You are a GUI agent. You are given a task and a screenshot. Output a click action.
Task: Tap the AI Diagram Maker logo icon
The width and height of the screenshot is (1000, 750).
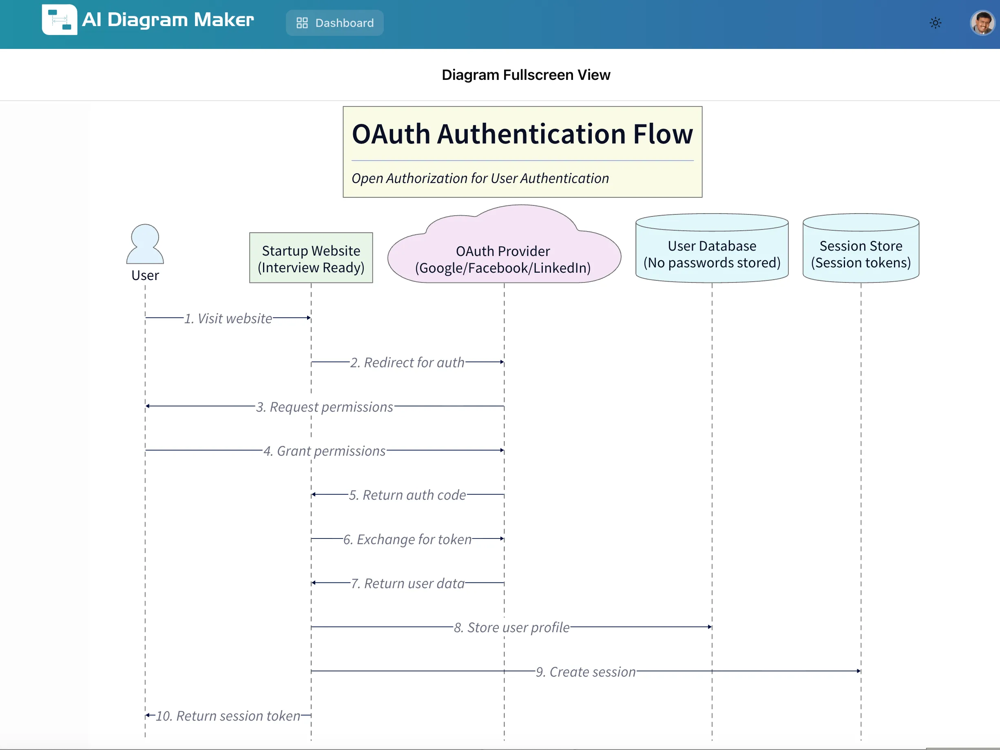pos(59,20)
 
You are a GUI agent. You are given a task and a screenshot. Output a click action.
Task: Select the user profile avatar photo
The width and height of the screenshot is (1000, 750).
pos(982,22)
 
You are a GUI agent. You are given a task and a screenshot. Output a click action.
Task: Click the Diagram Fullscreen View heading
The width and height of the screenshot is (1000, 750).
pos(525,75)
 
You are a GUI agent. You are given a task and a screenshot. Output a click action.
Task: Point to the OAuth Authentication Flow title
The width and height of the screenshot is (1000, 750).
pos(522,134)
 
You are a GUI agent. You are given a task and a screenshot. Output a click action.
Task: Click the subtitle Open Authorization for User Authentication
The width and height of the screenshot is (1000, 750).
pos(480,178)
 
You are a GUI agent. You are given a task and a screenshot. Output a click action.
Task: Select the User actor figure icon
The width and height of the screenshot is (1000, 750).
pos(145,244)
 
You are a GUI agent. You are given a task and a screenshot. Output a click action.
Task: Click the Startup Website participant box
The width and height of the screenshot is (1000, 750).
pos(311,258)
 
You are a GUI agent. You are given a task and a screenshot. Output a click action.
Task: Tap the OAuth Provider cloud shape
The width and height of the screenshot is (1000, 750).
pos(504,253)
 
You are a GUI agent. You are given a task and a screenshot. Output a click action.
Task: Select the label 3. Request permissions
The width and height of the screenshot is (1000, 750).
pos(325,407)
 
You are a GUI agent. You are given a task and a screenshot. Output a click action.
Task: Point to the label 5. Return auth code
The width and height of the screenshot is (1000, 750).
pos(407,495)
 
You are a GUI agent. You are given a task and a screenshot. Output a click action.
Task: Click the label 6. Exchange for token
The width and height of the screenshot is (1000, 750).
pos(407,539)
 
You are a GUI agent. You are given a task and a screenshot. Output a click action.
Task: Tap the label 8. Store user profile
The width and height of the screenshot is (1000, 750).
pos(511,627)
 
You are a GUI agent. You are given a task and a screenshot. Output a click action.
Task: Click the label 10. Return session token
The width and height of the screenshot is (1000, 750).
pos(228,716)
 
